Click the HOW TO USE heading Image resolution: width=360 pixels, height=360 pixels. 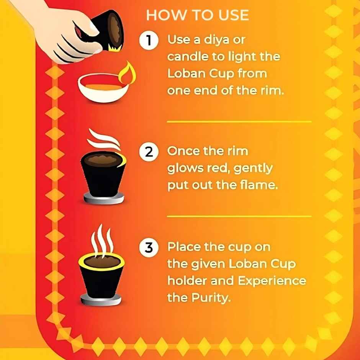[197, 15]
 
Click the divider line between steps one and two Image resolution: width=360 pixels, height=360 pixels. [239, 122]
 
